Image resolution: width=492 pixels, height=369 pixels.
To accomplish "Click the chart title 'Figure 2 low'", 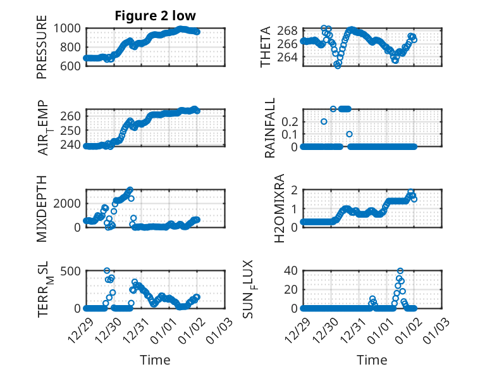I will [155, 16].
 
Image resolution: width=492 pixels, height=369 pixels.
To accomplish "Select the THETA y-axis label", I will [266, 47].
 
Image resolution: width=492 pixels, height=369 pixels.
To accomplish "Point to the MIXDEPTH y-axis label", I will [42, 209].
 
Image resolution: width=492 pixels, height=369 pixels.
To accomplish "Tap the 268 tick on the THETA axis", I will [288, 31].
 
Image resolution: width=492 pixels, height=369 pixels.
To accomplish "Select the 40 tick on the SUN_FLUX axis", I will [291, 271].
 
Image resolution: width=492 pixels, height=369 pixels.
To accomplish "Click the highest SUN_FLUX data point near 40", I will [400, 271].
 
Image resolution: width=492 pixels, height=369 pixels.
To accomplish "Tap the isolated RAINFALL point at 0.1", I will [349, 134].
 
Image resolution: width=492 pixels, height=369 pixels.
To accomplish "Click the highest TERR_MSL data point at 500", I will [107, 271].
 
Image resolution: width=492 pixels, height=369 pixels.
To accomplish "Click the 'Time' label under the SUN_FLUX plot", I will [372, 360].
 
